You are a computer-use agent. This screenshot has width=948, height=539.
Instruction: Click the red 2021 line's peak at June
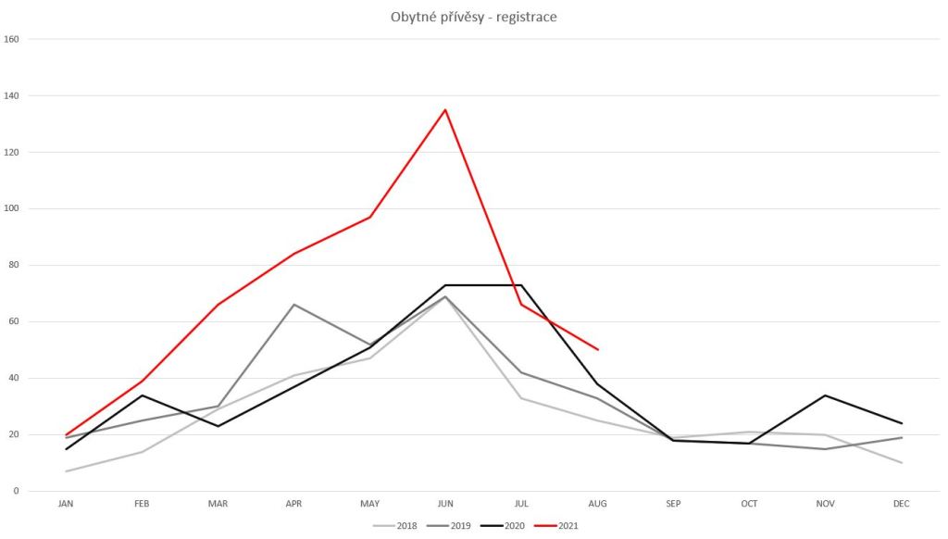445,110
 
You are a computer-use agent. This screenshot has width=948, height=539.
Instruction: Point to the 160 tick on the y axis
12,40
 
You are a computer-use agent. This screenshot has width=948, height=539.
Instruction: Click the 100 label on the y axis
12,209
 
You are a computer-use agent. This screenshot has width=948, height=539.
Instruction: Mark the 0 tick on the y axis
17,491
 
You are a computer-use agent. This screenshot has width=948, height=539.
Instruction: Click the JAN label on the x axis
66,504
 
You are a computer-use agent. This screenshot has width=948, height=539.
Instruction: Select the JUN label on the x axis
445,504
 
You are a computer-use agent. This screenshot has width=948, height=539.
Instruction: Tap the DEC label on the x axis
902,504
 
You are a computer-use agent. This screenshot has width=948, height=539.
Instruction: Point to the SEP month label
673,504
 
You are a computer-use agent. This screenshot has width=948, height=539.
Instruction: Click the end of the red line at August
598,349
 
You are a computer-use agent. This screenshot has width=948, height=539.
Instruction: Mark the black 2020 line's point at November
826,395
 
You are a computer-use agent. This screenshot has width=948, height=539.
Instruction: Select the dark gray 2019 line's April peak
293,304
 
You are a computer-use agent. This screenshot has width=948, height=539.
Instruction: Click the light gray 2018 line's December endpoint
902,462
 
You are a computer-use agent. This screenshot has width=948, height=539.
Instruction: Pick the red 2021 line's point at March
218,305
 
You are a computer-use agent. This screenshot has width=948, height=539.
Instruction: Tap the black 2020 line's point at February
142,395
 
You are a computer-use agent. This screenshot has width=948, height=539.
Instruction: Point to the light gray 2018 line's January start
66,471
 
